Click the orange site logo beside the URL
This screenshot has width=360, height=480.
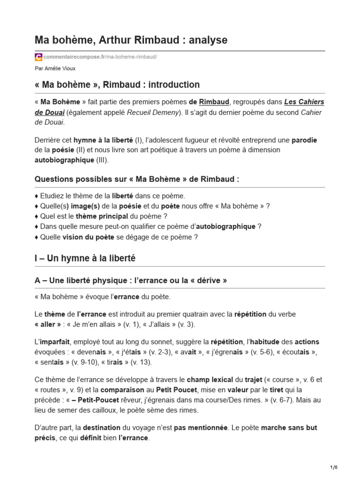coord(38,57)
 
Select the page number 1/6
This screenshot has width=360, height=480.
coord(334,467)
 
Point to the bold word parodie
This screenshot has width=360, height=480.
coord(305,140)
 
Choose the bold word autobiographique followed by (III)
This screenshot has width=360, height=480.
coord(64,160)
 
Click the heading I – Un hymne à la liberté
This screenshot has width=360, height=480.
coord(85,258)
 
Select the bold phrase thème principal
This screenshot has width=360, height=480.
coord(95,216)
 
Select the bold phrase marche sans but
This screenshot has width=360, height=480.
coord(289,428)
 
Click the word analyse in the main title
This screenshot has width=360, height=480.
coord(208,40)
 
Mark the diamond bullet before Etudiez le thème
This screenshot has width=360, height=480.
coord(37,196)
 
